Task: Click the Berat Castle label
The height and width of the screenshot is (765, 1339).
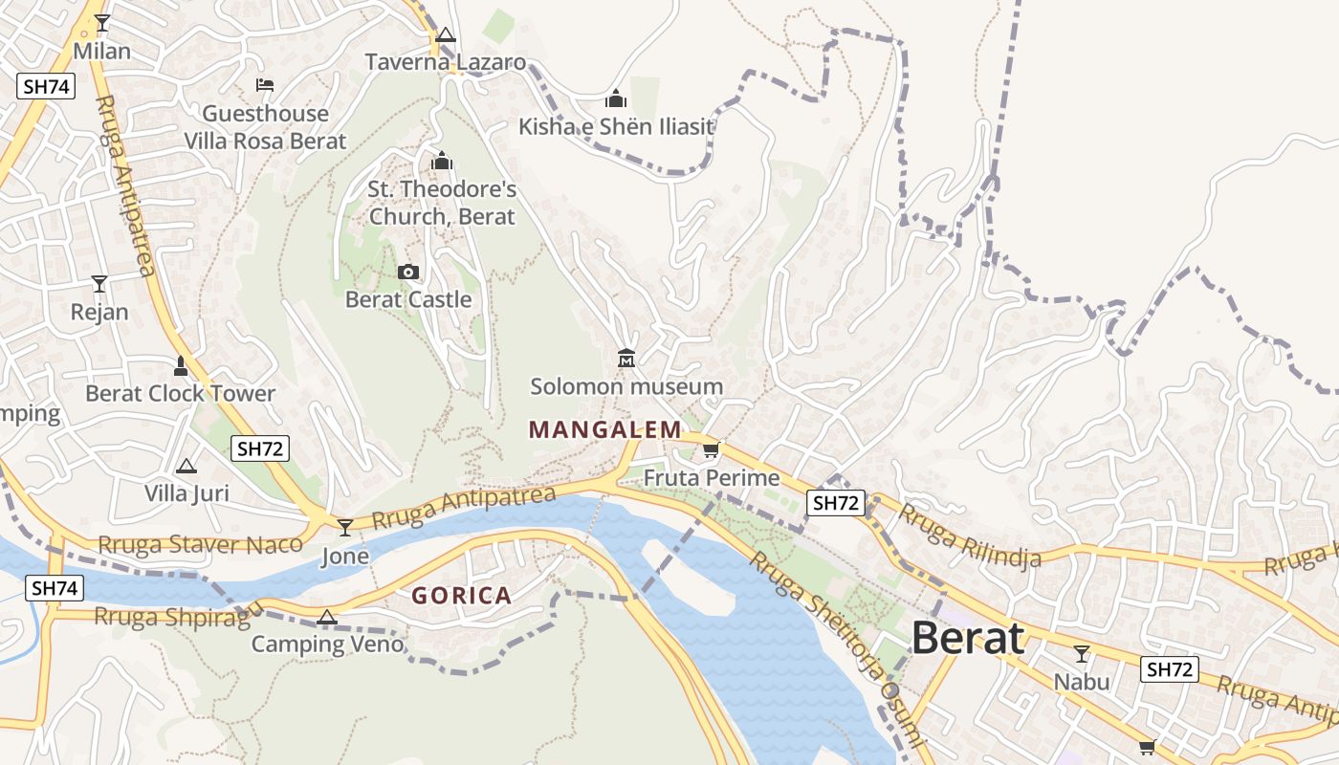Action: [408, 299]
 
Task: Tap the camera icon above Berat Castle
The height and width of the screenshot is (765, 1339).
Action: [408, 273]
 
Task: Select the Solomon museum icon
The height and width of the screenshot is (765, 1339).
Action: [626, 359]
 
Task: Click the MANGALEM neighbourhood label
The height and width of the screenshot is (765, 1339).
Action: [605, 429]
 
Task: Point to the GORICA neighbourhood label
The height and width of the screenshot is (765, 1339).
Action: [462, 596]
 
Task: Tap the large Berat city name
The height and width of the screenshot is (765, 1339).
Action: [968, 638]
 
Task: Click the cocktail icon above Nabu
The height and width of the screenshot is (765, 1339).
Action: [1082, 654]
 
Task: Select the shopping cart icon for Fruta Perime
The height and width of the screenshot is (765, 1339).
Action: [711, 449]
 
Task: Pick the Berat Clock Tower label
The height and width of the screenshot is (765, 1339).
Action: [180, 393]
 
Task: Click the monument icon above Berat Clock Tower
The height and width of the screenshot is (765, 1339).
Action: [180, 365]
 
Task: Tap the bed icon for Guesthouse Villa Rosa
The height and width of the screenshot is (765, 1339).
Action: [265, 85]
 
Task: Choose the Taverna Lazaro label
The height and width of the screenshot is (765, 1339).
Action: [446, 62]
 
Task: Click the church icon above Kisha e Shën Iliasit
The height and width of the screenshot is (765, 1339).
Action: [616, 98]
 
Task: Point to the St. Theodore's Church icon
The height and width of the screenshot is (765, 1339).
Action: [442, 161]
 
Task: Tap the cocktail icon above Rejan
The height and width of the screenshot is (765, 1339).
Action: [99, 284]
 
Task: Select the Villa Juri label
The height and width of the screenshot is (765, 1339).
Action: [187, 493]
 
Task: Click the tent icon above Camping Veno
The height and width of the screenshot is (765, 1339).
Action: [327, 617]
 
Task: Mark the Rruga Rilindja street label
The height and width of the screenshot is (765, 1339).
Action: [969, 537]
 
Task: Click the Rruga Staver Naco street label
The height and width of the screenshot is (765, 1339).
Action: [200, 545]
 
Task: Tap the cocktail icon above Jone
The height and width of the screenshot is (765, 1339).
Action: [345, 527]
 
